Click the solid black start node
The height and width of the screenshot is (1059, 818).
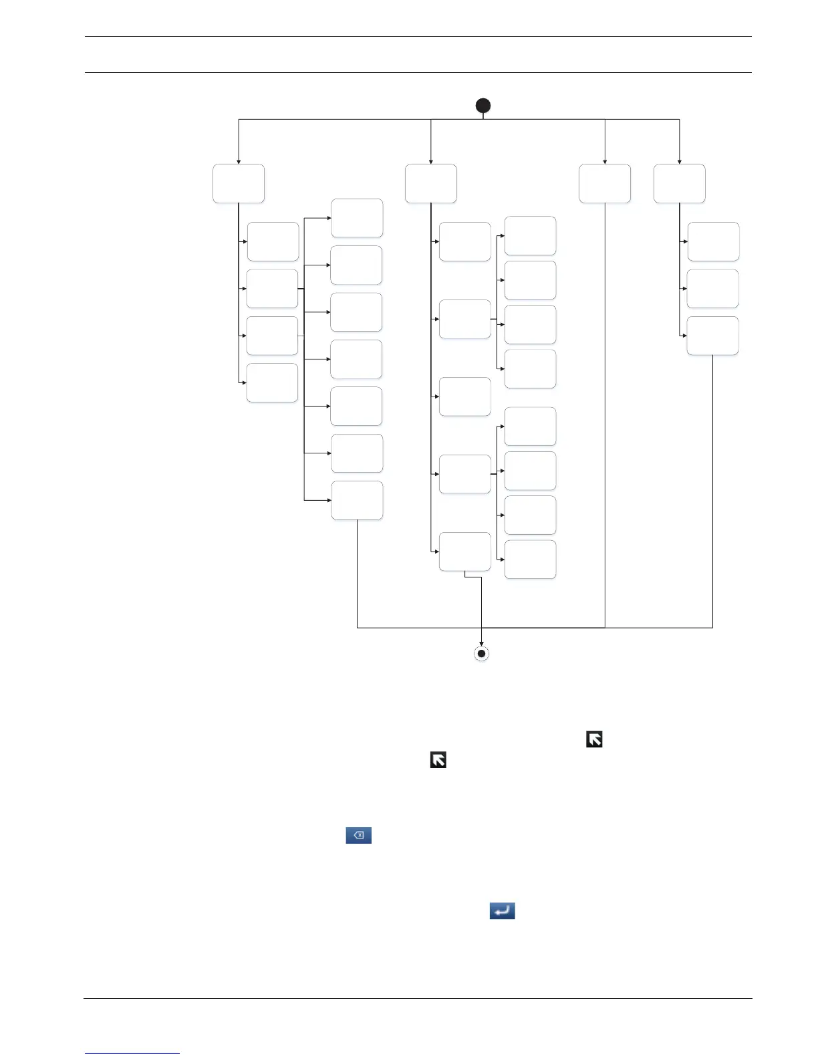pyautogui.click(x=483, y=106)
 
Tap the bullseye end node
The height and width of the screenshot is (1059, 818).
pyautogui.click(x=481, y=653)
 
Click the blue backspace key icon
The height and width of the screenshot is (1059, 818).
pyautogui.click(x=358, y=835)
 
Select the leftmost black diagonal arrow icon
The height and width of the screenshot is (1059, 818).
pyautogui.click(x=438, y=760)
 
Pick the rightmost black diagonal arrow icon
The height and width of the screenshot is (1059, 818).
pyautogui.click(x=594, y=739)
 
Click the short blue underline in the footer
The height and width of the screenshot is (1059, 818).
pyautogui.click(x=132, y=1054)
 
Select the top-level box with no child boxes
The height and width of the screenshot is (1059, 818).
pyautogui.click(x=605, y=184)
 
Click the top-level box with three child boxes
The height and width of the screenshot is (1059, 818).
pyautogui.click(x=680, y=184)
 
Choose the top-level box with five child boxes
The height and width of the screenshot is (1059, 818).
pyautogui.click(x=431, y=184)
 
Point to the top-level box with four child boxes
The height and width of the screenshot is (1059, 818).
pyautogui.click(x=239, y=184)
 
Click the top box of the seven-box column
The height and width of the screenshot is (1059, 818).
pyautogui.click(x=358, y=218)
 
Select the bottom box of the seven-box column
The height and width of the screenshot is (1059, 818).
pyautogui.click(x=358, y=500)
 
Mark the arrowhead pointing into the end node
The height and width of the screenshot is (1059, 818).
pyautogui.click(x=481, y=644)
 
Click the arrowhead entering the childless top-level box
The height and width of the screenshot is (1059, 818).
pyautogui.click(x=605, y=161)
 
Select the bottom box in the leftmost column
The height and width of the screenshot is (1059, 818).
pyautogui.click(x=272, y=383)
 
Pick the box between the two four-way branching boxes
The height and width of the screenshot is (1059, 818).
pyautogui.click(x=465, y=396)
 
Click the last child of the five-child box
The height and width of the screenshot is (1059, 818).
pyautogui.click(x=465, y=552)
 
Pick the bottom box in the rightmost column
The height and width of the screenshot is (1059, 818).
pyautogui.click(x=713, y=336)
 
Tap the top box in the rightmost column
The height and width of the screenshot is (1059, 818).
pyautogui.click(x=714, y=241)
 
